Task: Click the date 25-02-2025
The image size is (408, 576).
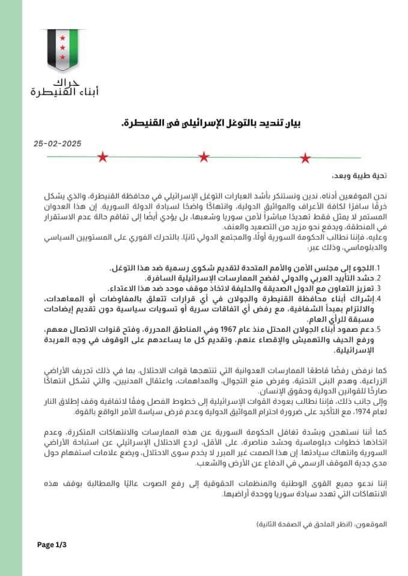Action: [58, 144]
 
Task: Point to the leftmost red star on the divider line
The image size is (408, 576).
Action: [102, 157]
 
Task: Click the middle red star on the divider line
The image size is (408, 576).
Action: [204, 157]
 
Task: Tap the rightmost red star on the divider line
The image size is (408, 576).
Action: [306, 157]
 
